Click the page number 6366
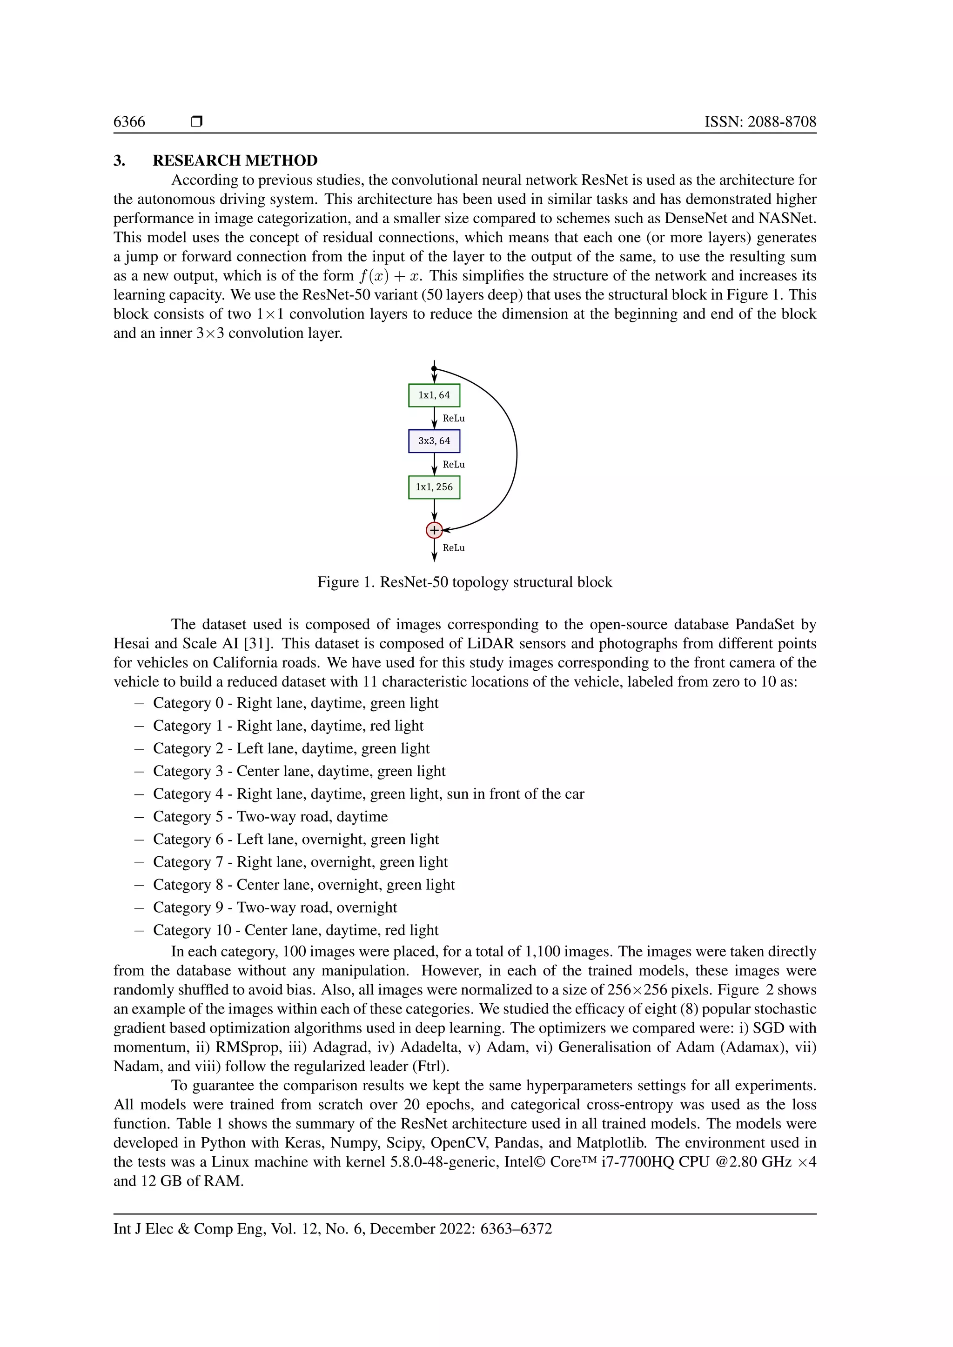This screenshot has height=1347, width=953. pyautogui.click(x=129, y=122)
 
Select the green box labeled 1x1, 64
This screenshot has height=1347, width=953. pyautogui.click(x=434, y=395)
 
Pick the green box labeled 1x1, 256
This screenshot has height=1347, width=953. pyautogui.click(x=434, y=487)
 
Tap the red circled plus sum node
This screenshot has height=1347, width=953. pyautogui.click(x=434, y=530)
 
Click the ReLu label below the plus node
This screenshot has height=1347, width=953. pyautogui.click(x=454, y=548)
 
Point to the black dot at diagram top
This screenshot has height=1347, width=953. pyautogui.click(x=434, y=369)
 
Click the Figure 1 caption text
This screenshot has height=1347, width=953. pyautogui.click(x=464, y=582)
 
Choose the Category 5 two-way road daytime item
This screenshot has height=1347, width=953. pyautogui.click(x=270, y=817)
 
